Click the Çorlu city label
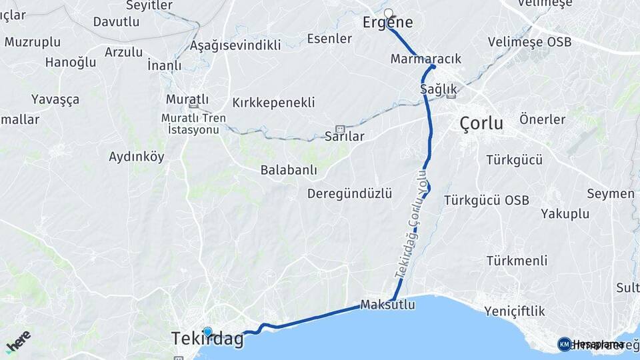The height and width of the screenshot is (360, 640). (481, 123)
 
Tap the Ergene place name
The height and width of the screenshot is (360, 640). (387, 23)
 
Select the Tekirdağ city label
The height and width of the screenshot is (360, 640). (207, 339)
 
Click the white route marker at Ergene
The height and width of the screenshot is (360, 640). (389, 13)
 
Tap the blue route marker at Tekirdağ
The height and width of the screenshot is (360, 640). (207, 331)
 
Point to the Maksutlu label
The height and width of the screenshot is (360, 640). (387, 305)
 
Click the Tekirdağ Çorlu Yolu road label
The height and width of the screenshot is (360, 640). (411, 223)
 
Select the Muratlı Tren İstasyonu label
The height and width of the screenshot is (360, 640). (193, 124)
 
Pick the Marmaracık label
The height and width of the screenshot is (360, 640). (426, 59)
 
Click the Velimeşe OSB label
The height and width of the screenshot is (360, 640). (529, 42)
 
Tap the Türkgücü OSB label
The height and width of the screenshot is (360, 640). (486, 200)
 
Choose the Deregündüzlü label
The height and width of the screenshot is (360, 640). (349, 193)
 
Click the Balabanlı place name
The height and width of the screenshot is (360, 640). (289, 170)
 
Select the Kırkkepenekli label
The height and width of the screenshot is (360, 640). (273, 103)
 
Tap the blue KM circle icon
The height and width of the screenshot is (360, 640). (564, 344)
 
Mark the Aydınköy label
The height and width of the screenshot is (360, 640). (136, 157)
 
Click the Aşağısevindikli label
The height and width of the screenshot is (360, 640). (235, 45)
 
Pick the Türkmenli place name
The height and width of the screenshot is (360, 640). (517, 260)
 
